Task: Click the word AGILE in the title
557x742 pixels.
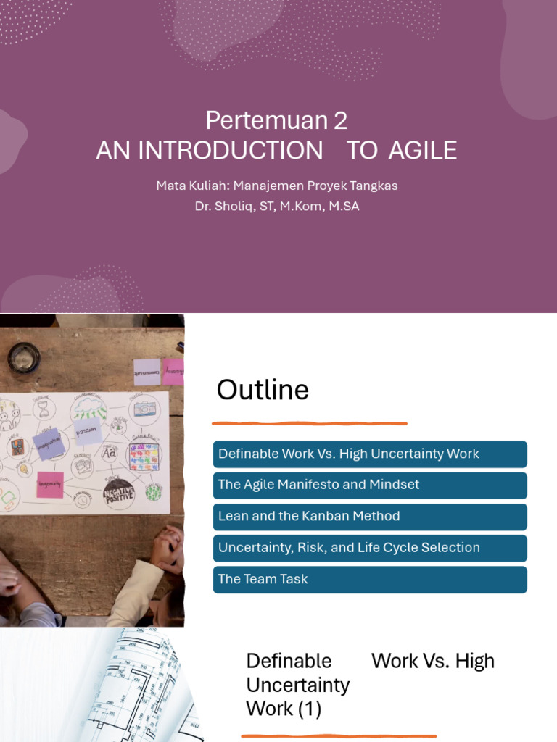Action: [423, 150]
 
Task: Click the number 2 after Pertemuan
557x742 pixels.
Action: [341, 120]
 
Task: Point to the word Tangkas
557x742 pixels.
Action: [371, 185]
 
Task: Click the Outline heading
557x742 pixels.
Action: [263, 391]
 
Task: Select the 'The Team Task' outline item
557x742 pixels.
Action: [370, 579]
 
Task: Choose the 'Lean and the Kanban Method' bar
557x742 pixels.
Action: [370, 517]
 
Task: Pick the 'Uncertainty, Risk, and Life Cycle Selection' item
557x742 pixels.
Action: [370, 548]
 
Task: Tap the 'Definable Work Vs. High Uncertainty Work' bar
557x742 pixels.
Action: [370, 454]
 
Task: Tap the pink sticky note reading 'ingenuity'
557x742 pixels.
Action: [50, 484]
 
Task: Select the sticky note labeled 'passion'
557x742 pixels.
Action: [88, 430]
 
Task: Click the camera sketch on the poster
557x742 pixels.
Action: [144, 409]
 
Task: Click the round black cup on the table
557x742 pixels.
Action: [24, 357]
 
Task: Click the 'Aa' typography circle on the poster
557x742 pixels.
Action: [109, 452]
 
